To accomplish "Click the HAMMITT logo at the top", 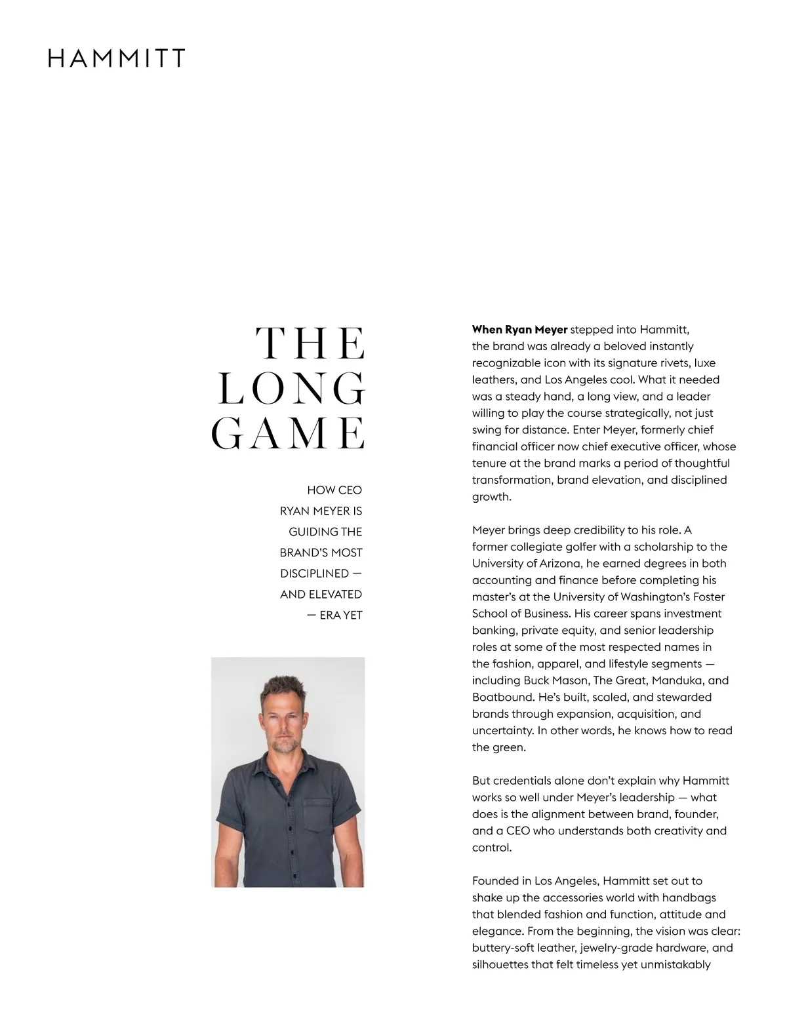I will [117, 58].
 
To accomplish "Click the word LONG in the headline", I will [291, 389].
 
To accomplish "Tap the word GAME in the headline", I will [288, 433].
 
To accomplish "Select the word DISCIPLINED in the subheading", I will [314, 574].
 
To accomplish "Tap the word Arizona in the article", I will [559, 564].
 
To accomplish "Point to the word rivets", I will [669, 363].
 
